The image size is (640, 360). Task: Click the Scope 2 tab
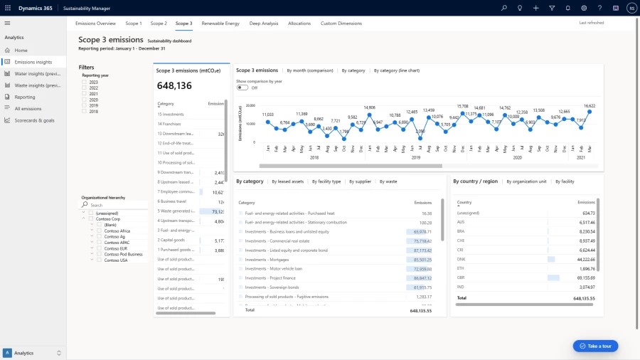pos(159,23)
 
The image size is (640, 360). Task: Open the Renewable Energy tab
pos(220,23)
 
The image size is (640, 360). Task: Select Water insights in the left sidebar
pos(37,73)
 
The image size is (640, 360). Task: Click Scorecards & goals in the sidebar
pos(34,120)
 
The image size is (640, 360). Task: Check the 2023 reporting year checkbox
pos(85,83)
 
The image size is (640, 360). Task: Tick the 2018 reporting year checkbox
pos(85,112)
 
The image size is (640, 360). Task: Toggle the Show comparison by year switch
pos(242,88)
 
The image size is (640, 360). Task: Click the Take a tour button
pos(596,346)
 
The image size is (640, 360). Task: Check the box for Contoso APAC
pos(100,243)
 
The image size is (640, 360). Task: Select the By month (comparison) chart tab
pos(309,70)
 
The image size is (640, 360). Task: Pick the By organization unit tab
pos(526,181)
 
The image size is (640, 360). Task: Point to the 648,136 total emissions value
pos(174,86)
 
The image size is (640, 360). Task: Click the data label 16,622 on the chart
pos(589,105)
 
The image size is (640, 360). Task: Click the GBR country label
pos(461,277)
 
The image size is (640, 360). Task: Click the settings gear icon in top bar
pos(584,8)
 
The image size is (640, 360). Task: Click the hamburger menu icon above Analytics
pos(7,23)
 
